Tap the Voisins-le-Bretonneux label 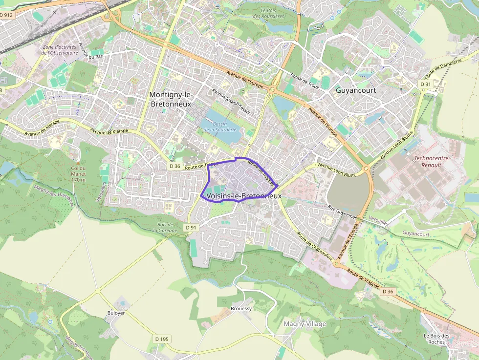[244, 196]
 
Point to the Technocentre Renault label [431, 161]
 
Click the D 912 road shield [6, 15]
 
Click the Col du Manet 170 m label [78, 173]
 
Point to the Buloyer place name [116, 313]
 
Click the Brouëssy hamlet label [241, 309]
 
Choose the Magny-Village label [305, 323]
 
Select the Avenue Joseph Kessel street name [231, 102]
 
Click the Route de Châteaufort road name [315, 246]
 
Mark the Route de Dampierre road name [444, 69]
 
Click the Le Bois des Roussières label [272, 13]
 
